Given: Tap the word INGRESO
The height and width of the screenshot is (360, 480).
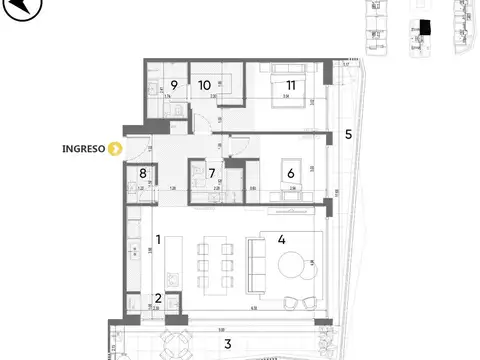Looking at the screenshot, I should pyautogui.click(x=84, y=151).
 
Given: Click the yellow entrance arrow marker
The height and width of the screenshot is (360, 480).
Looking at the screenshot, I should pyautogui.click(x=116, y=151).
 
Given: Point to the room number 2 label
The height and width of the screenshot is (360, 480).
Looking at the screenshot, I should pyautogui.click(x=158, y=297).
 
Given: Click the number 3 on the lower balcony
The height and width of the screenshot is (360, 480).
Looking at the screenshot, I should pyautogui.click(x=227, y=344).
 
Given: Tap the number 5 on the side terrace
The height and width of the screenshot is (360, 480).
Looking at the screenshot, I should pyautogui.click(x=347, y=133).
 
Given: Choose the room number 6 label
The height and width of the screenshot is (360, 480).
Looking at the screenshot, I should pyautogui.click(x=291, y=170).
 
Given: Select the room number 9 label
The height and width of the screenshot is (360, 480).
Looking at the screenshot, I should pyautogui.click(x=173, y=84).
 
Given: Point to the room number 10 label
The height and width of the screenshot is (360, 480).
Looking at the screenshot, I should pyautogui.click(x=206, y=84).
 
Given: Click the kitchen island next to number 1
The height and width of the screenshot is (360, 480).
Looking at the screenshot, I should pyautogui.click(x=177, y=263).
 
